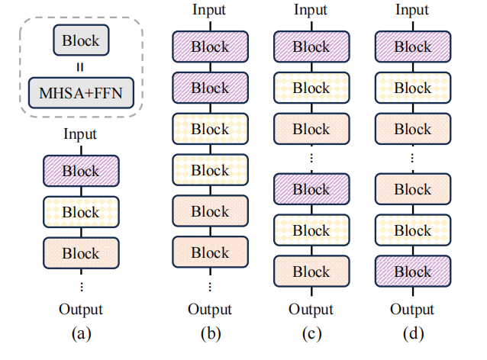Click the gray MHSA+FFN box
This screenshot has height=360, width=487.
[x=81, y=93]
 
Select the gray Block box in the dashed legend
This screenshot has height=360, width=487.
[x=81, y=40]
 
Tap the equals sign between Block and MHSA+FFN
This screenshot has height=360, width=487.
[x=80, y=67]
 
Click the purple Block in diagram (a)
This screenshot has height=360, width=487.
[x=81, y=171]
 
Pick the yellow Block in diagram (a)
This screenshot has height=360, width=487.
[x=81, y=212]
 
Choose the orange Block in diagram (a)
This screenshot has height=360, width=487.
[x=81, y=253]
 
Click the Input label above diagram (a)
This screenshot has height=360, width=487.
[x=80, y=134]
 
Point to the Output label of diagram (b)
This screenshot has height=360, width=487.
[x=210, y=310]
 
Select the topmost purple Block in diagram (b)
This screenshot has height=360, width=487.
[x=210, y=47]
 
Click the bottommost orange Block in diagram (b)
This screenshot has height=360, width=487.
[x=210, y=252]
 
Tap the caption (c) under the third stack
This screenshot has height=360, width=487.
[x=312, y=334]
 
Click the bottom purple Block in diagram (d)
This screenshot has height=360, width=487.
[x=413, y=272]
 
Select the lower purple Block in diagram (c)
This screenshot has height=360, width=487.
[x=311, y=189]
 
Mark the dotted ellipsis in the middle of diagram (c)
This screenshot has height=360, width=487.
[x=311, y=159]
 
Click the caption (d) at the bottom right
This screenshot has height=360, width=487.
[x=414, y=334]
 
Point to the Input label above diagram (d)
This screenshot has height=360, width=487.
[x=412, y=10]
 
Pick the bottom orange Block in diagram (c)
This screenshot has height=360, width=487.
[x=311, y=272]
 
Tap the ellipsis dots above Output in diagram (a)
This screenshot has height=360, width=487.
[x=82, y=287]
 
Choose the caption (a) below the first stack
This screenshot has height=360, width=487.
[x=82, y=334]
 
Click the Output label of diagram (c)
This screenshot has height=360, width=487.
[x=311, y=310]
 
